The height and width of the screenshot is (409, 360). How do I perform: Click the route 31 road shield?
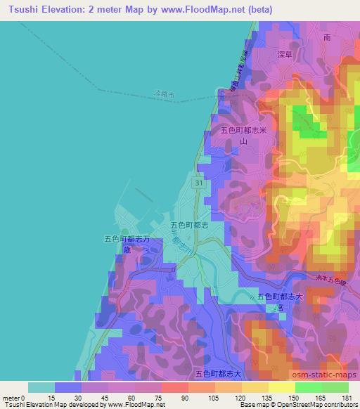[199, 183]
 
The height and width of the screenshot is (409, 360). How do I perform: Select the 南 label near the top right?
[326, 37]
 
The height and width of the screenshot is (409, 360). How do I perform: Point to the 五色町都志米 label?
[245, 131]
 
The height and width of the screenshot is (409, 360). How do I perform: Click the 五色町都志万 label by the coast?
[128, 240]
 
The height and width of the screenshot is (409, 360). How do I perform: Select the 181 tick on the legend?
[346, 397]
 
